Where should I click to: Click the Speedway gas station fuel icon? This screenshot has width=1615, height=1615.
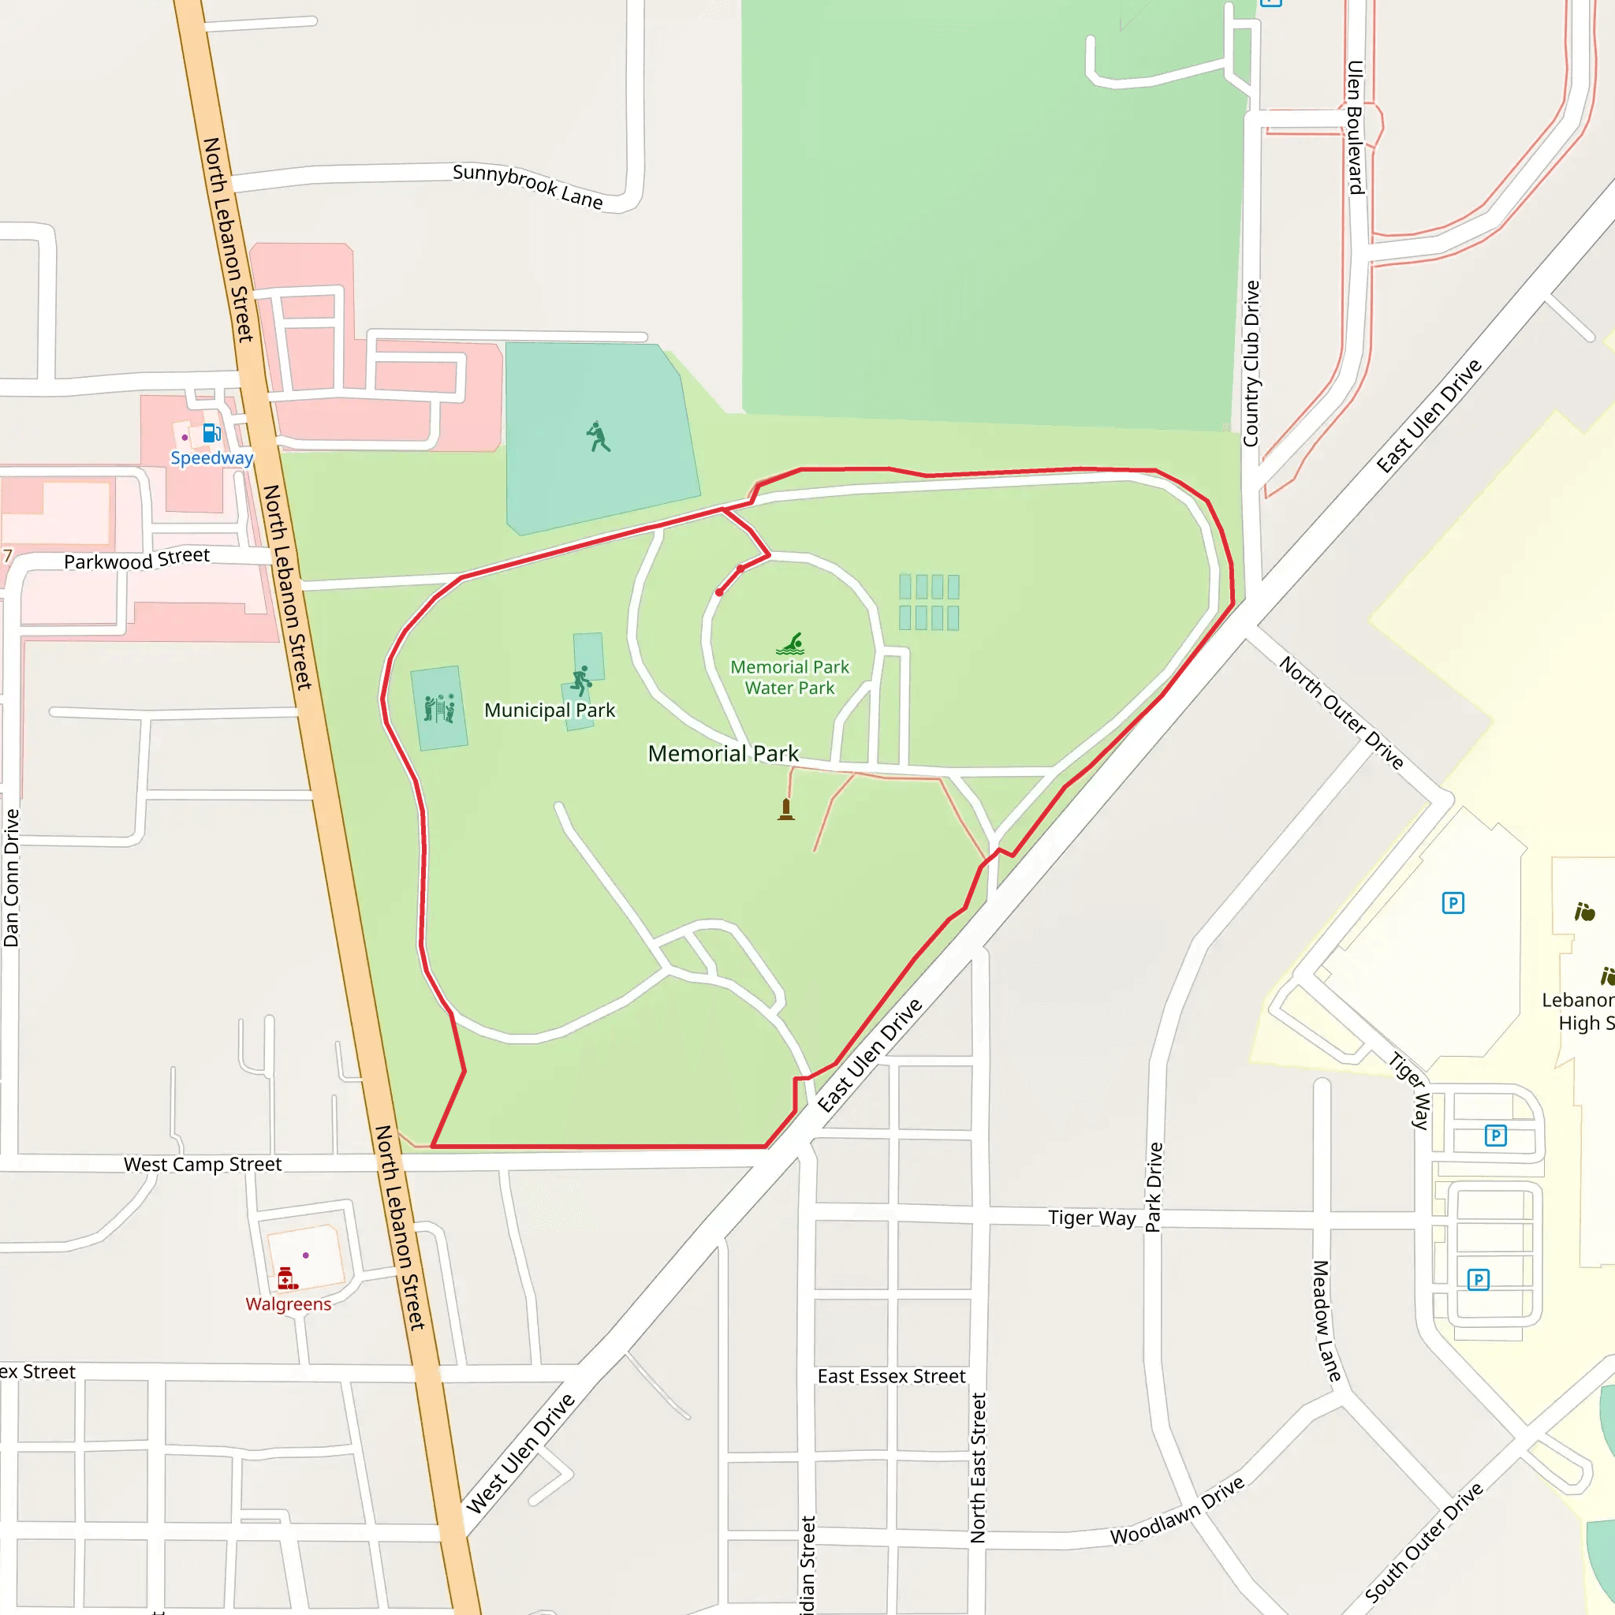tap(211, 433)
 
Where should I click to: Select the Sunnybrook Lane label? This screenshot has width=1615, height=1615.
tap(528, 186)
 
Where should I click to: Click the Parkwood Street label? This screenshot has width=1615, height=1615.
tap(137, 558)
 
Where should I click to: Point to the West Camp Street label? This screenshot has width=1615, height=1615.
tap(203, 1165)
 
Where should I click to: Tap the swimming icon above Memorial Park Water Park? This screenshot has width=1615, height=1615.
tap(790, 643)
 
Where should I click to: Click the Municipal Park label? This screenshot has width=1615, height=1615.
tap(549, 711)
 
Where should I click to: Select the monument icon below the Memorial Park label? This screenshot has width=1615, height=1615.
tap(785, 809)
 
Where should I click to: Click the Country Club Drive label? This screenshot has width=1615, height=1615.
tap(1251, 364)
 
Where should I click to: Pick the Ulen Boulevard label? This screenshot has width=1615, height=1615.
tap(1355, 127)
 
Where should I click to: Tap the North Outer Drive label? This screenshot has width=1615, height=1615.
tap(1341, 712)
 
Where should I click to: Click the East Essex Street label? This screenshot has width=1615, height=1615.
tap(891, 1377)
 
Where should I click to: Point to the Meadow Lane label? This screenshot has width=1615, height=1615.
tap(1326, 1322)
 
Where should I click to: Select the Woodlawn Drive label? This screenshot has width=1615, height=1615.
tap(1177, 1512)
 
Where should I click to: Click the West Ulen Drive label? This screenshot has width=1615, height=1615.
tap(520, 1453)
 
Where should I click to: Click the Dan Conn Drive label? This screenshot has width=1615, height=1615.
tap(11, 878)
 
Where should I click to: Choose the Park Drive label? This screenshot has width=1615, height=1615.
tap(1154, 1187)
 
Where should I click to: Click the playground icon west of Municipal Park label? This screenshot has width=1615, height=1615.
tap(439, 708)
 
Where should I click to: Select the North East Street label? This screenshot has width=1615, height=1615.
tap(978, 1468)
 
